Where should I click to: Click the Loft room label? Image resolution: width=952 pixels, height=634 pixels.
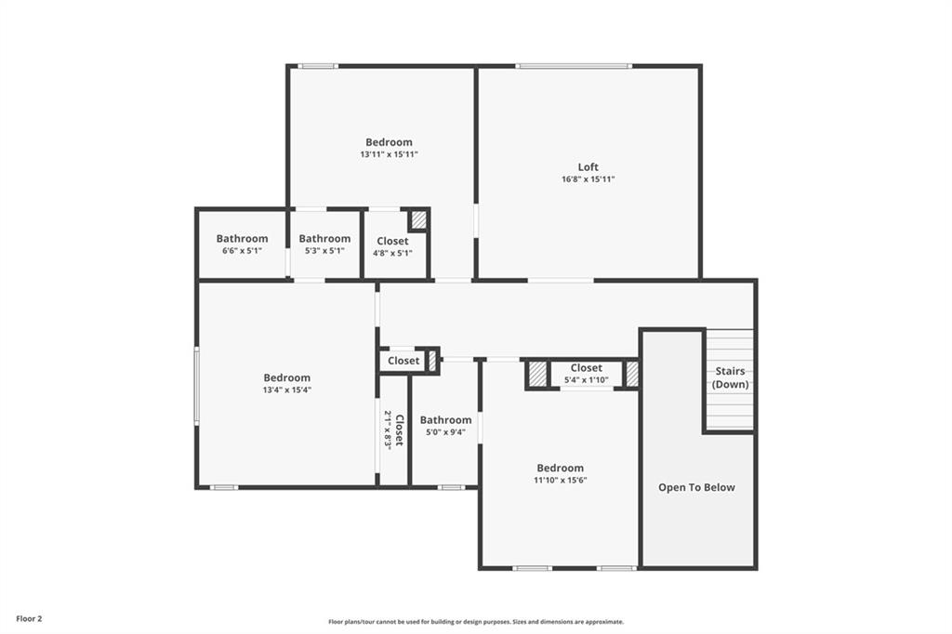pos(588,167)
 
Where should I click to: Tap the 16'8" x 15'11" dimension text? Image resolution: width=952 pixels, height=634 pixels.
pos(588,179)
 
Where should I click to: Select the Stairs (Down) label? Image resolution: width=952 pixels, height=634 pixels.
pos(730,377)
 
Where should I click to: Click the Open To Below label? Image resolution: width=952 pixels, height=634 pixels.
pos(696,487)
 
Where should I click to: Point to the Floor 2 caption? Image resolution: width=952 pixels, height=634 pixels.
pos(29,619)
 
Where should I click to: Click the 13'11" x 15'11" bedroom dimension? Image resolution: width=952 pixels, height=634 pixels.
pos(389,154)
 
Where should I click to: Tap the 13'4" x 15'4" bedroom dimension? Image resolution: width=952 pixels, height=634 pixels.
pos(286,390)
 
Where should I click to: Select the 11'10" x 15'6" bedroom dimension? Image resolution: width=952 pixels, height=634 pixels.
pos(560,480)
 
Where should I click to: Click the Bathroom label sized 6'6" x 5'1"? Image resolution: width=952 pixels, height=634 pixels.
pos(242,239)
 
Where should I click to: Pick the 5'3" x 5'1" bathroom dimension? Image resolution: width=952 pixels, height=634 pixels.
pos(324,250)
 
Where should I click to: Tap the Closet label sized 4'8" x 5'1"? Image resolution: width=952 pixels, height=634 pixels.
pos(392,241)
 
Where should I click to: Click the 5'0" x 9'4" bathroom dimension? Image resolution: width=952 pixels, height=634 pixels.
pos(445,431)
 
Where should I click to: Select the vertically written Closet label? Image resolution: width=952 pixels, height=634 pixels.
pos(399,430)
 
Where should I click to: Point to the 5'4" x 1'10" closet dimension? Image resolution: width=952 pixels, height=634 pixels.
pos(586,380)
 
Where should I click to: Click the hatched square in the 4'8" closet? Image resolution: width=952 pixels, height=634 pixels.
pos(419,219)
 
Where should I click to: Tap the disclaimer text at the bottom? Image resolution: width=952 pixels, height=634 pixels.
pos(476,622)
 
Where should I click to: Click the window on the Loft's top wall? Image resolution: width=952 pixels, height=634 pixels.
pos(574,66)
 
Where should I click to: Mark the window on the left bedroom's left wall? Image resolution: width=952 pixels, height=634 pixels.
pos(196,385)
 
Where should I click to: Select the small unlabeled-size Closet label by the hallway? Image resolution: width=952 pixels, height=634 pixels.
pos(403,361)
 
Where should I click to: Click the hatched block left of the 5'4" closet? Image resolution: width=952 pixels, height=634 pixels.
pos(536,374)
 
